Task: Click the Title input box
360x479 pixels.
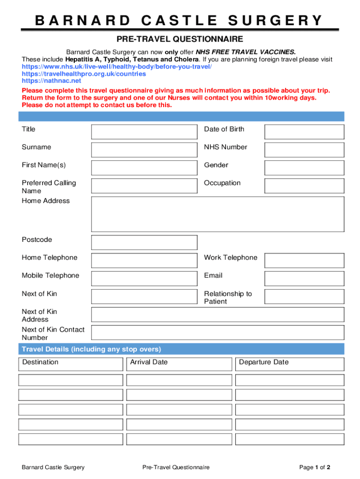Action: pyautogui.click(x=144, y=132)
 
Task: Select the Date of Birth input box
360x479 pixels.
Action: pyautogui.click(x=304, y=132)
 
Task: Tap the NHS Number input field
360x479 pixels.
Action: pyautogui.click(x=304, y=150)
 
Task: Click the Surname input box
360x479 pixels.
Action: pyautogui.click(x=144, y=150)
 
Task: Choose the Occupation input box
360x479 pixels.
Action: pyautogui.click(x=304, y=186)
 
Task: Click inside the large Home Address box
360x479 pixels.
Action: pyautogui.click(x=217, y=214)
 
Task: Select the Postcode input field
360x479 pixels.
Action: pyautogui.click(x=144, y=242)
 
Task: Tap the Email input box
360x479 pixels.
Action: pyautogui.click(x=304, y=278)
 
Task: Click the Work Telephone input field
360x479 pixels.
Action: pyautogui.click(x=304, y=261)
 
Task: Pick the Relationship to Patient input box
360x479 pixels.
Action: pyautogui.click(x=304, y=296)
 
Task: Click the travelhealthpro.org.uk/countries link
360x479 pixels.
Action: pyautogui.click(x=84, y=74)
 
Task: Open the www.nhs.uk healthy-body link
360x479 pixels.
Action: pyautogui.click(x=116, y=67)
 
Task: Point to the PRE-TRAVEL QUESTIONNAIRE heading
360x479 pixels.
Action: pyautogui.click(x=180, y=39)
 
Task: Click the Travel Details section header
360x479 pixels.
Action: pyautogui.click(x=92, y=349)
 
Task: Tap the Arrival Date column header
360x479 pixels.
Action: pyautogui.click(x=149, y=362)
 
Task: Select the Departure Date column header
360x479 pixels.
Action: pyautogui.click(x=264, y=362)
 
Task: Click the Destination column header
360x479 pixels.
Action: pyautogui.click(x=40, y=362)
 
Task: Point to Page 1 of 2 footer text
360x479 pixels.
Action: pyautogui.click(x=315, y=467)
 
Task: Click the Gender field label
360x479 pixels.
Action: pyautogui.click(x=216, y=165)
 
